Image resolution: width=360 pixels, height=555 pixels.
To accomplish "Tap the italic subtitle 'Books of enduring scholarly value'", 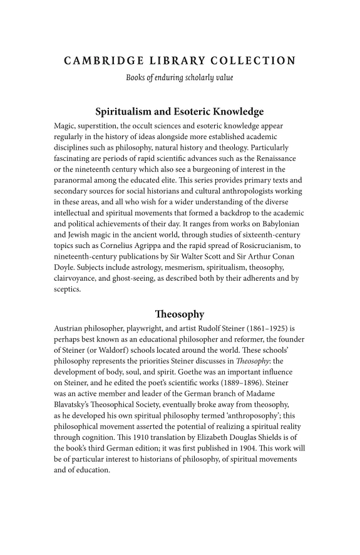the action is (180, 78).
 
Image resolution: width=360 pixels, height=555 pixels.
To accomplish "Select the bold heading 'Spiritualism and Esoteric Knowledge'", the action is (180, 112).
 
